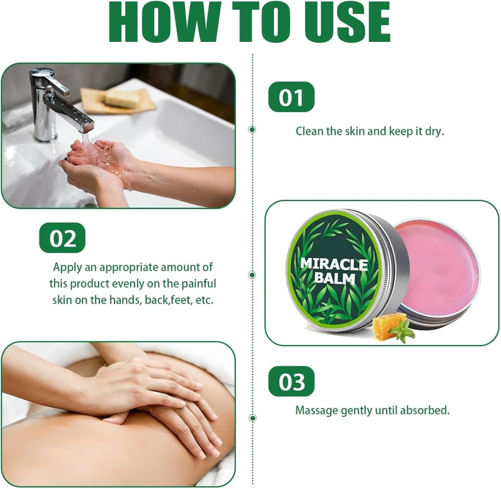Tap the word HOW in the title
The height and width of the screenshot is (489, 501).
[164, 21]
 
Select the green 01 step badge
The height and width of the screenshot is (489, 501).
[291, 97]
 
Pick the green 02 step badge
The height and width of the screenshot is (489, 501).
[62, 238]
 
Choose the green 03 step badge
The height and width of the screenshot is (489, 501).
[291, 382]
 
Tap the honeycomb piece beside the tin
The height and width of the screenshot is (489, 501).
[385, 326]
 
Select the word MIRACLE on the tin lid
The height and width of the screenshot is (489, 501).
[334, 264]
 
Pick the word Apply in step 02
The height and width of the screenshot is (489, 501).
[68, 268]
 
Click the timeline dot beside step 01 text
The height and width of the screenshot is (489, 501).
[252, 129]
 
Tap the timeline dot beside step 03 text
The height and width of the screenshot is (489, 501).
[253, 418]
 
